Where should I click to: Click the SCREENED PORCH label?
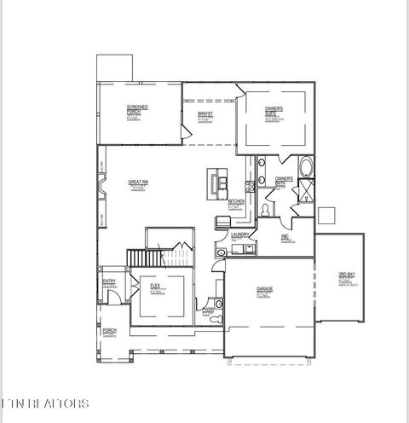click(x=137, y=110)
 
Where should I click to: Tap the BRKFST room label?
click(x=204, y=114)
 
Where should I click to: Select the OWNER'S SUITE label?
click(x=274, y=111)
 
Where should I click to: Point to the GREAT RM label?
click(x=138, y=182)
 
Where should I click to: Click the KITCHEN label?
click(x=237, y=201)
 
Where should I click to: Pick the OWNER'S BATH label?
click(x=284, y=179)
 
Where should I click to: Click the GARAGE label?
click(x=264, y=289)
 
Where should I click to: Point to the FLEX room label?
click(x=156, y=286)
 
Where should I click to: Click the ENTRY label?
click(x=109, y=282)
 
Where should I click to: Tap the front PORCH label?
click(x=109, y=330)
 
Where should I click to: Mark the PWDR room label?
click(x=209, y=310)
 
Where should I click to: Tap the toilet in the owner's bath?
click(x=267, y=208)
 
